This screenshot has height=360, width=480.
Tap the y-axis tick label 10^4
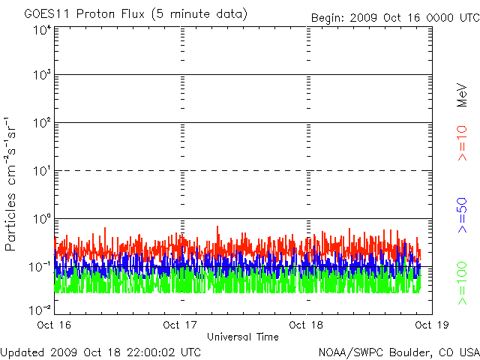coord(42,30)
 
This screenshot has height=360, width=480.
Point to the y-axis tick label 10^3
coord(42,76)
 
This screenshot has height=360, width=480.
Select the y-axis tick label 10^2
coord(42,124)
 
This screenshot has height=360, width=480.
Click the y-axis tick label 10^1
coord(42,172)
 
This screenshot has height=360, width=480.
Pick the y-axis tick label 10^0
coord(42,220)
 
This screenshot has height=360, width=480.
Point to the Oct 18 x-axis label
coord(306,325)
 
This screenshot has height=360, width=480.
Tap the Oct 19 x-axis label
coord(430,325)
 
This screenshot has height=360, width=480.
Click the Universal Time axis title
coord(243,337)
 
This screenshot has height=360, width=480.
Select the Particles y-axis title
coord(11,184)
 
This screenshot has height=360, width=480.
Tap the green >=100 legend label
coord(463,284)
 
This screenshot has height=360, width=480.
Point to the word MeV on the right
coord(463,95)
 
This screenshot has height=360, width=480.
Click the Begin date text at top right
coord(396,17)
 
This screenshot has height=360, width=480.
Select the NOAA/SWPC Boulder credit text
coord(398,352)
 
